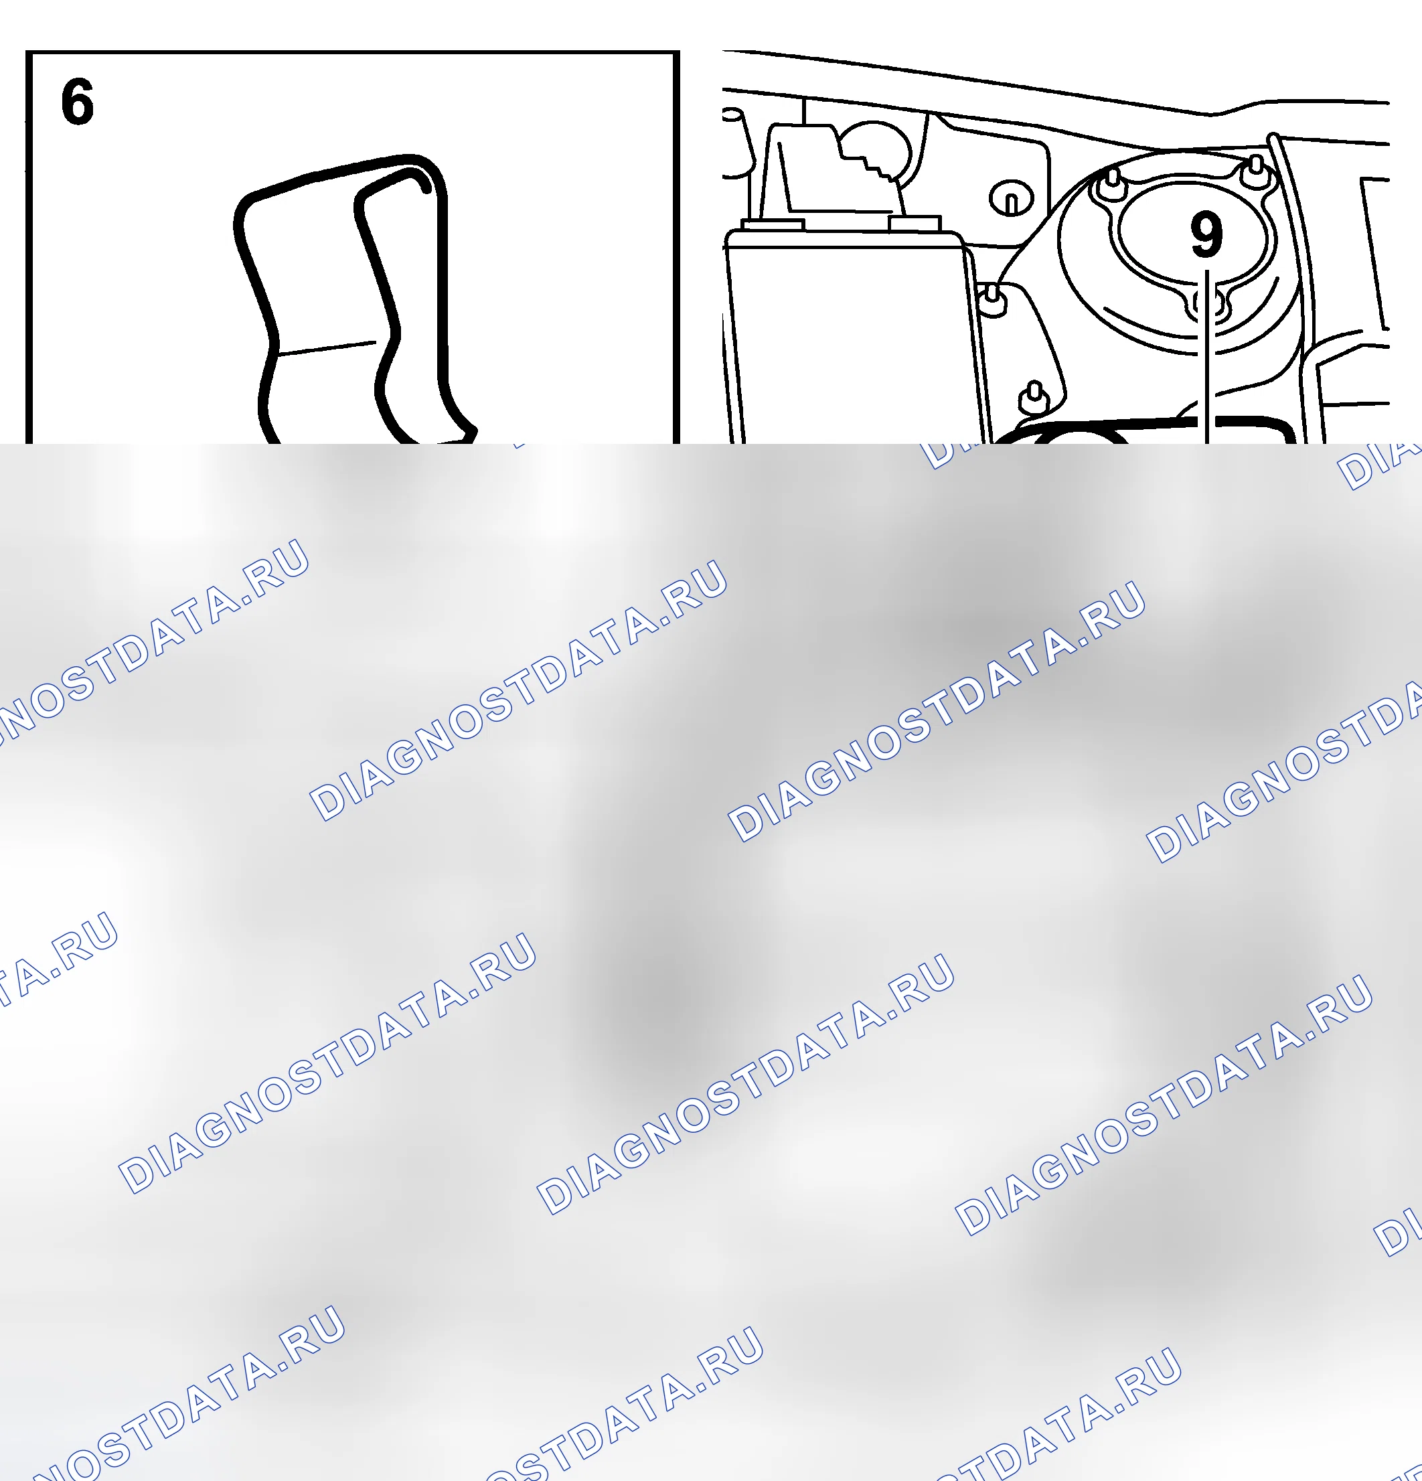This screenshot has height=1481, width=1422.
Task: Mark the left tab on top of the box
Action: (773, 224)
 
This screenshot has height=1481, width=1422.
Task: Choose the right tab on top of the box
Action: (915, 223)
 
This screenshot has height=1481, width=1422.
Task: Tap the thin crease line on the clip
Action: (327, 347)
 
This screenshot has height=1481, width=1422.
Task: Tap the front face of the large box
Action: (854, 344)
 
